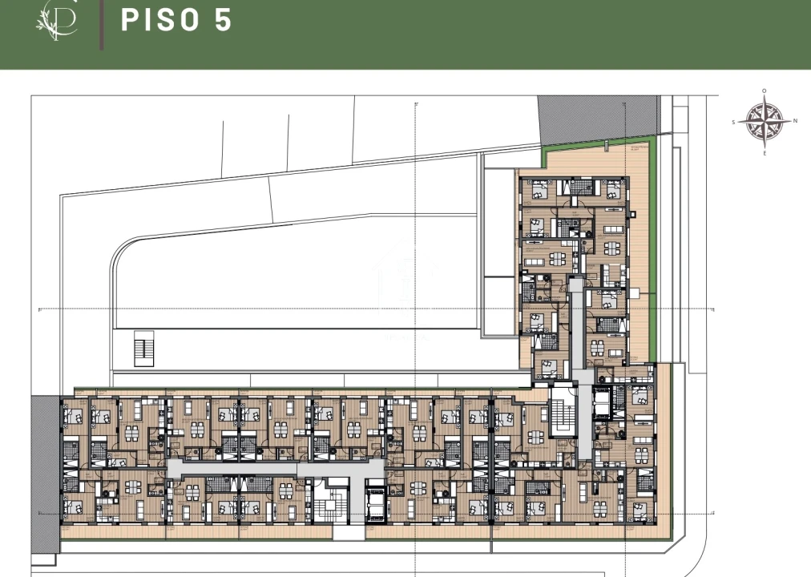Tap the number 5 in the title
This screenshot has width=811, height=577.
point(223,21)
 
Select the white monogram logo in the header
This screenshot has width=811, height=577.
point(57,21)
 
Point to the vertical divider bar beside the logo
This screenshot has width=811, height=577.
point(102,25)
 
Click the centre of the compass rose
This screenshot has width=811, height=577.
point(764,122)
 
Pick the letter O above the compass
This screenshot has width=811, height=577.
point(765,91)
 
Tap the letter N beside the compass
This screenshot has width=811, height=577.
point(795,122)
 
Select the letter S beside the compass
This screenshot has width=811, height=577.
point(734,123)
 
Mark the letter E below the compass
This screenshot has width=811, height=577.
point(765,152)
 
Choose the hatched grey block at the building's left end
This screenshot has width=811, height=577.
point(46,473)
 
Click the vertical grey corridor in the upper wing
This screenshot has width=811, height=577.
point(576,329)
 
